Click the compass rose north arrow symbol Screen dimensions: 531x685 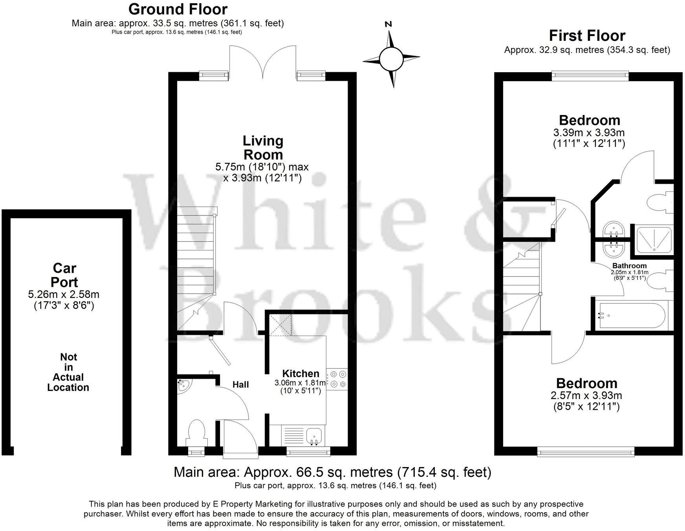(x=391, y=59)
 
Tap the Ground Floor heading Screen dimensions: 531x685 (x=178, y=9)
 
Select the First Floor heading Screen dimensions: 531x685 (x=587, y=36)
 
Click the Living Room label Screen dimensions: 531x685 (x=263, y=148)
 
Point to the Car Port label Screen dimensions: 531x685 (x=65, y=275)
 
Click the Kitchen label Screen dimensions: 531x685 (x=301, y=373)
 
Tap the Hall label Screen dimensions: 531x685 (x=240, y=384)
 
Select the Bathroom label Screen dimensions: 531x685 (x=629, y=266)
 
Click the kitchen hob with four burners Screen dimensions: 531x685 (x=337, y=379)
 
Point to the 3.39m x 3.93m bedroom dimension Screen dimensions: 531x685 (x=589, y=133)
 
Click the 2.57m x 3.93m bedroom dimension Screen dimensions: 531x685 (x=587, y=396)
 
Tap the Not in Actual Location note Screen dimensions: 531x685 (x=68, y=372)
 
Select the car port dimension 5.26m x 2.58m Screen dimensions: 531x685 (x=64, y=294)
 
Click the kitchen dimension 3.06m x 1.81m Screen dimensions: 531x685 (x=300, y=383)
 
